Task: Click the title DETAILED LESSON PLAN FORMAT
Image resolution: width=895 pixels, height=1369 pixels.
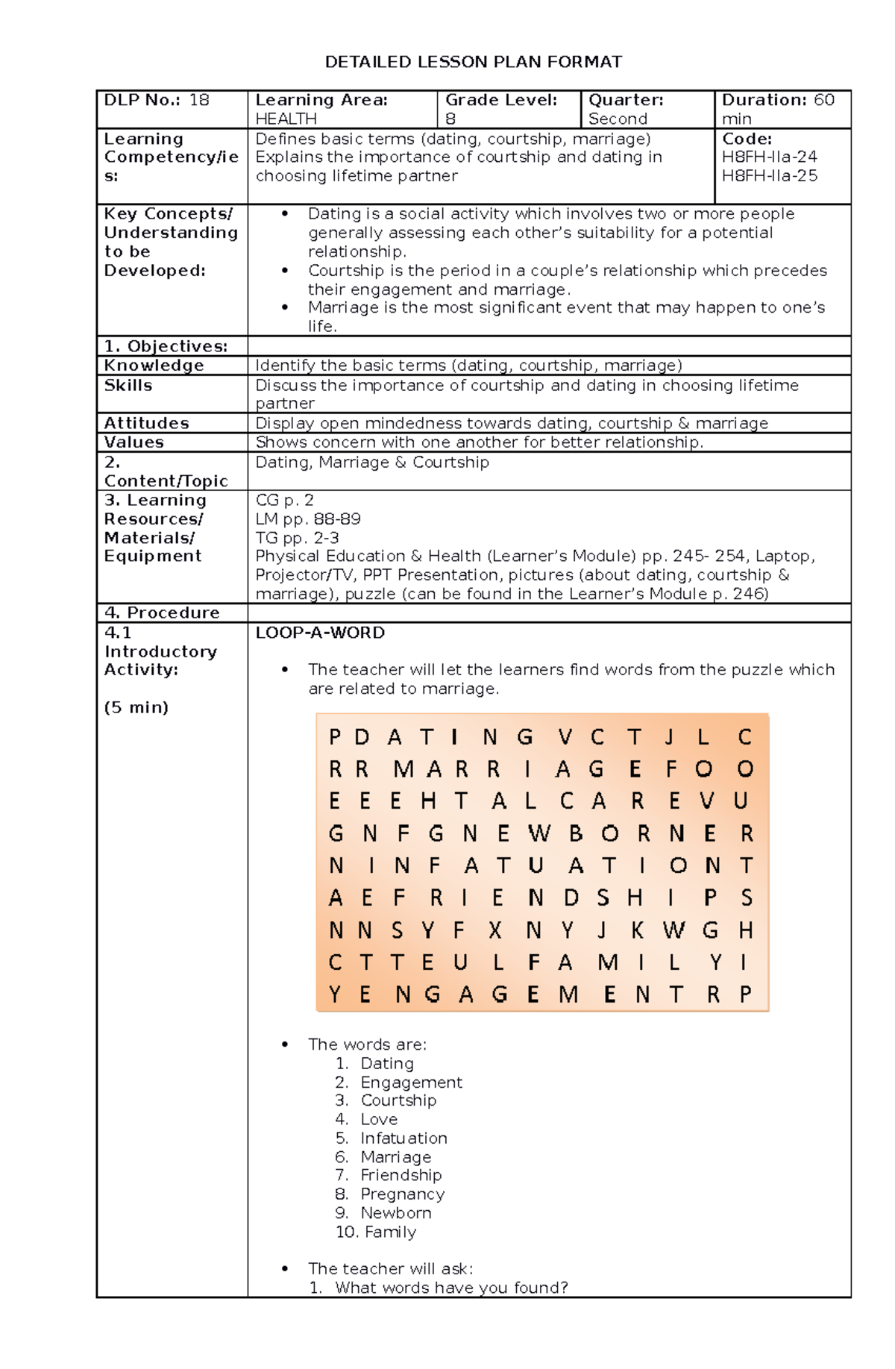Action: (x=473, y=62)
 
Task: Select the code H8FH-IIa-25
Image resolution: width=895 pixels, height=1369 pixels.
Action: (x=769, y=176)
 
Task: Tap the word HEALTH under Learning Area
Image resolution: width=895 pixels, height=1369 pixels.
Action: (x=286, y=119)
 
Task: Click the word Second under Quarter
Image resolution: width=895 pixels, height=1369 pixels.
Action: (x=618, y=119)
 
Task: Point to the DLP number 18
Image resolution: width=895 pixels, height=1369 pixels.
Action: (x=199, y=100)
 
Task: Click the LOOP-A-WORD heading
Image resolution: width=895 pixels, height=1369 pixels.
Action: (x=320, y=633)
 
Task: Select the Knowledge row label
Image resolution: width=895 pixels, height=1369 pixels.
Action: (x=154, y=366)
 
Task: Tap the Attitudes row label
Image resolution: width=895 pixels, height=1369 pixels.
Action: (x=146, y=423)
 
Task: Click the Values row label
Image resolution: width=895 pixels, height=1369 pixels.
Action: (x=134, y=442)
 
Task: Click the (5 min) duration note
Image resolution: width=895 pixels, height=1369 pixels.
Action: (x=136, y=707)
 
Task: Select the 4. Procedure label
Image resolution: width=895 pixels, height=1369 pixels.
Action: (x=162, y=613)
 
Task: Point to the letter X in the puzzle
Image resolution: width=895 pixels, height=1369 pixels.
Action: (x=495, y=930)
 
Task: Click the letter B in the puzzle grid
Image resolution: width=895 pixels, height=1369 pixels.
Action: (x=576, y=833)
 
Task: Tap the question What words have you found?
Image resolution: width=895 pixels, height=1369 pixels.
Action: (x=450, y=1288)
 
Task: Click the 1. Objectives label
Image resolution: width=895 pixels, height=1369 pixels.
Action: (x=166, y=346)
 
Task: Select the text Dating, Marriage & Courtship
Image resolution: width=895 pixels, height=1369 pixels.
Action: (x=372, y=463)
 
